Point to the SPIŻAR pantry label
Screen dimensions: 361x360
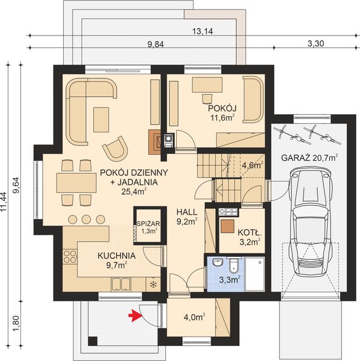147,221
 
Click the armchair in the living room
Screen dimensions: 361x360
116,147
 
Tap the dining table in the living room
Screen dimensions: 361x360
76,181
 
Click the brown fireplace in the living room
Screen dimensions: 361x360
154,140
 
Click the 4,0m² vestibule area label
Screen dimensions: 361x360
194,316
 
